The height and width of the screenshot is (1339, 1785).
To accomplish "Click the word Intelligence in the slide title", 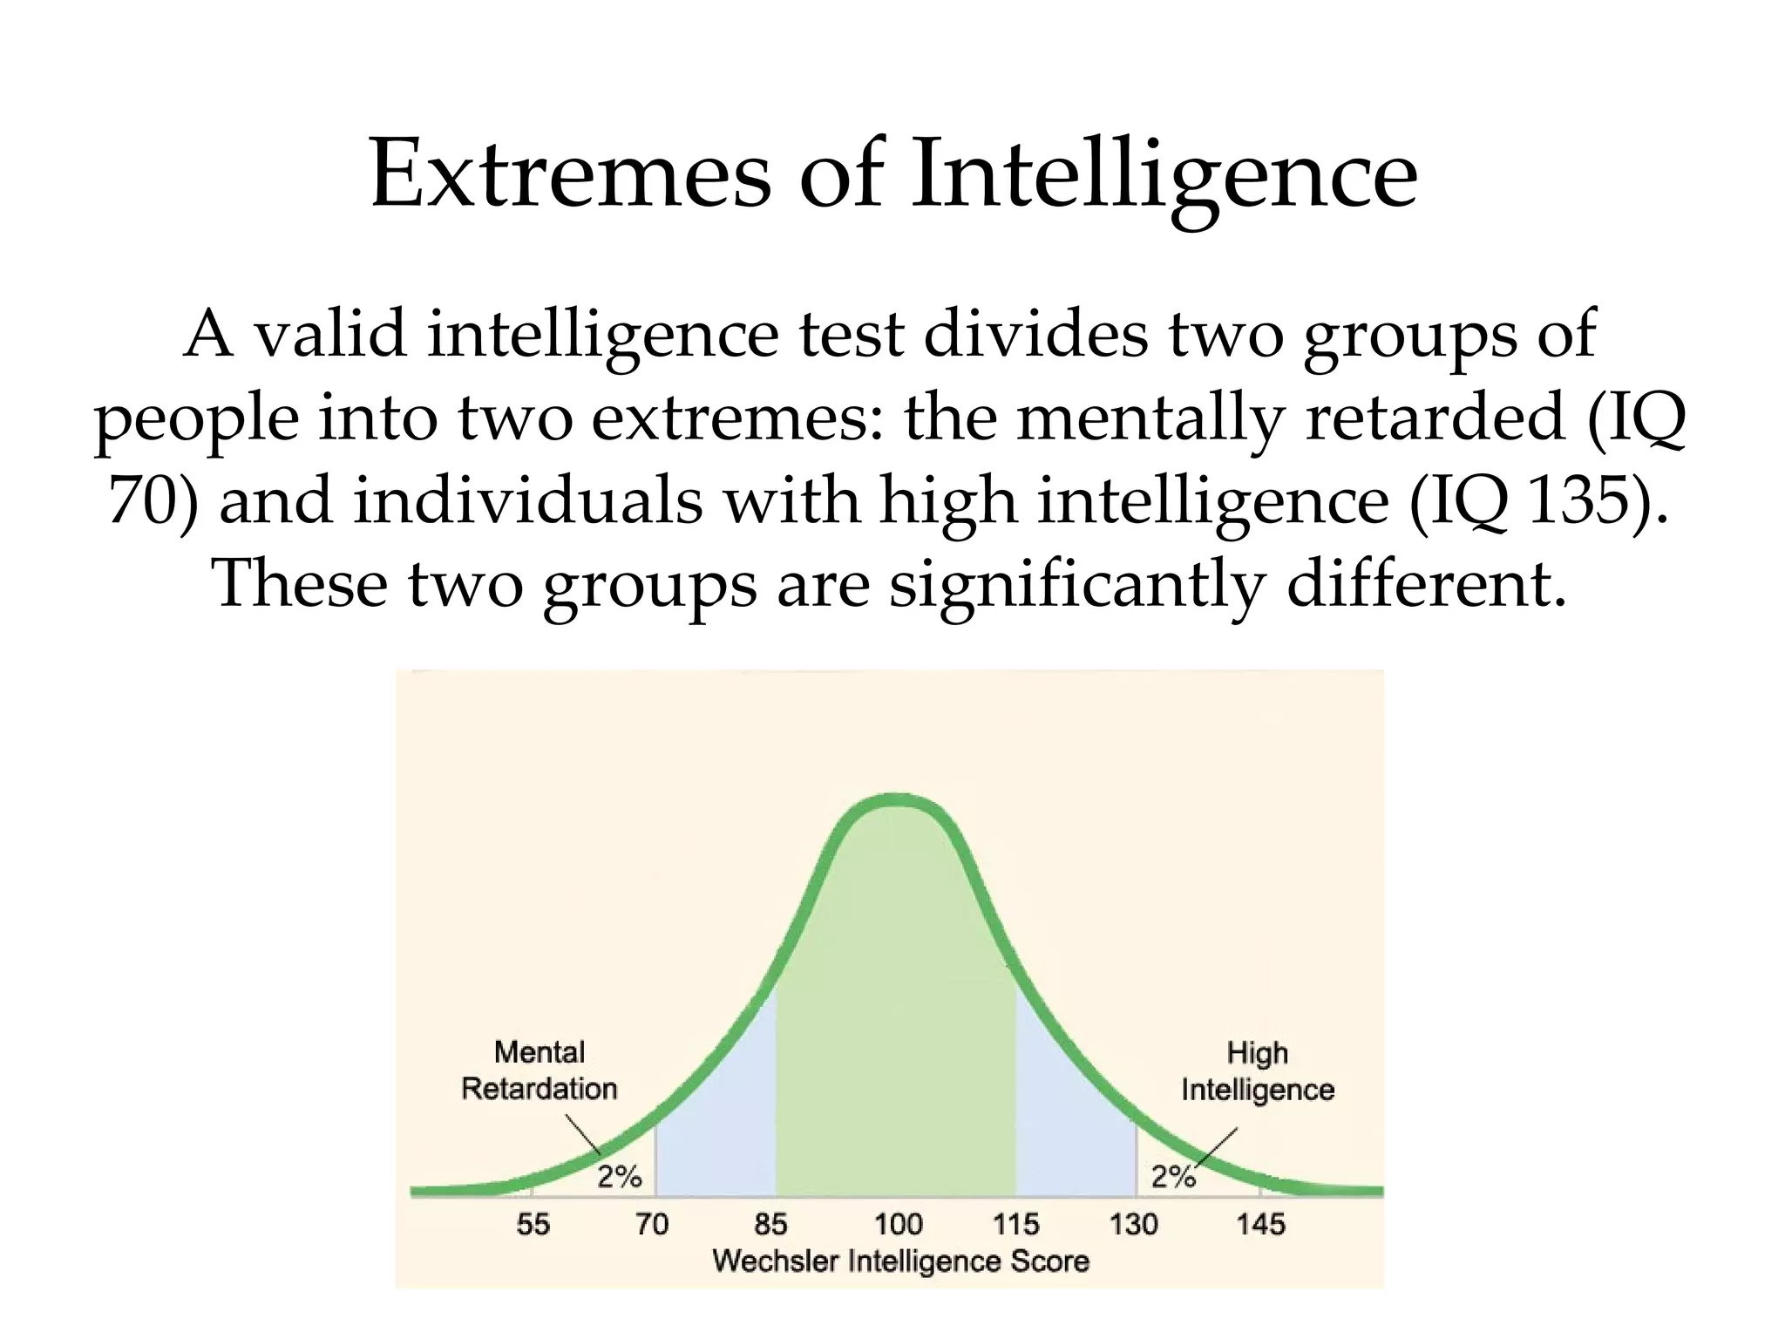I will (x=1164, y=176).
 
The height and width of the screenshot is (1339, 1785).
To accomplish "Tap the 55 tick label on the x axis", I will (x=533, y=1225).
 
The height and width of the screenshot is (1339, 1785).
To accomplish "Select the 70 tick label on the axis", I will (x=652, y=1225).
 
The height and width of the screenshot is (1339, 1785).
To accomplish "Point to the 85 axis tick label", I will (x=771, y=1225).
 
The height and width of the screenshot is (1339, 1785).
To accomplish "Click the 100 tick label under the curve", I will (x=899, y=1225).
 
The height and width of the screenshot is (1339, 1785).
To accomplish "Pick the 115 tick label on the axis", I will (x=1016, y=1225).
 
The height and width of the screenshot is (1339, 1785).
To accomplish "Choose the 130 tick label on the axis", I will (x=1134, y=1225).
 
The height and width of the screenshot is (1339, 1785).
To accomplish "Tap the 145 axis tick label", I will (x=1260, y=1225).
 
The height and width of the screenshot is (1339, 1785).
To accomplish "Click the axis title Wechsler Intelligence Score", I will (x=901, y=1261).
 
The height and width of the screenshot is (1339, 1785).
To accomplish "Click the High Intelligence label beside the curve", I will (x=1258, y=1071).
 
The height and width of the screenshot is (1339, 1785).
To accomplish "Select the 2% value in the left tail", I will (x=620, y=1177).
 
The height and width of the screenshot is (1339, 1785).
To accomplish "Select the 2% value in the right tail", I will (x=1173, y=1177).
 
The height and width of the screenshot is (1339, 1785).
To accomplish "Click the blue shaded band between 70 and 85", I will (x=715, y=1133).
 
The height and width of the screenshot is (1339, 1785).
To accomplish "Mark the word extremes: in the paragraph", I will (x=737, y=418).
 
